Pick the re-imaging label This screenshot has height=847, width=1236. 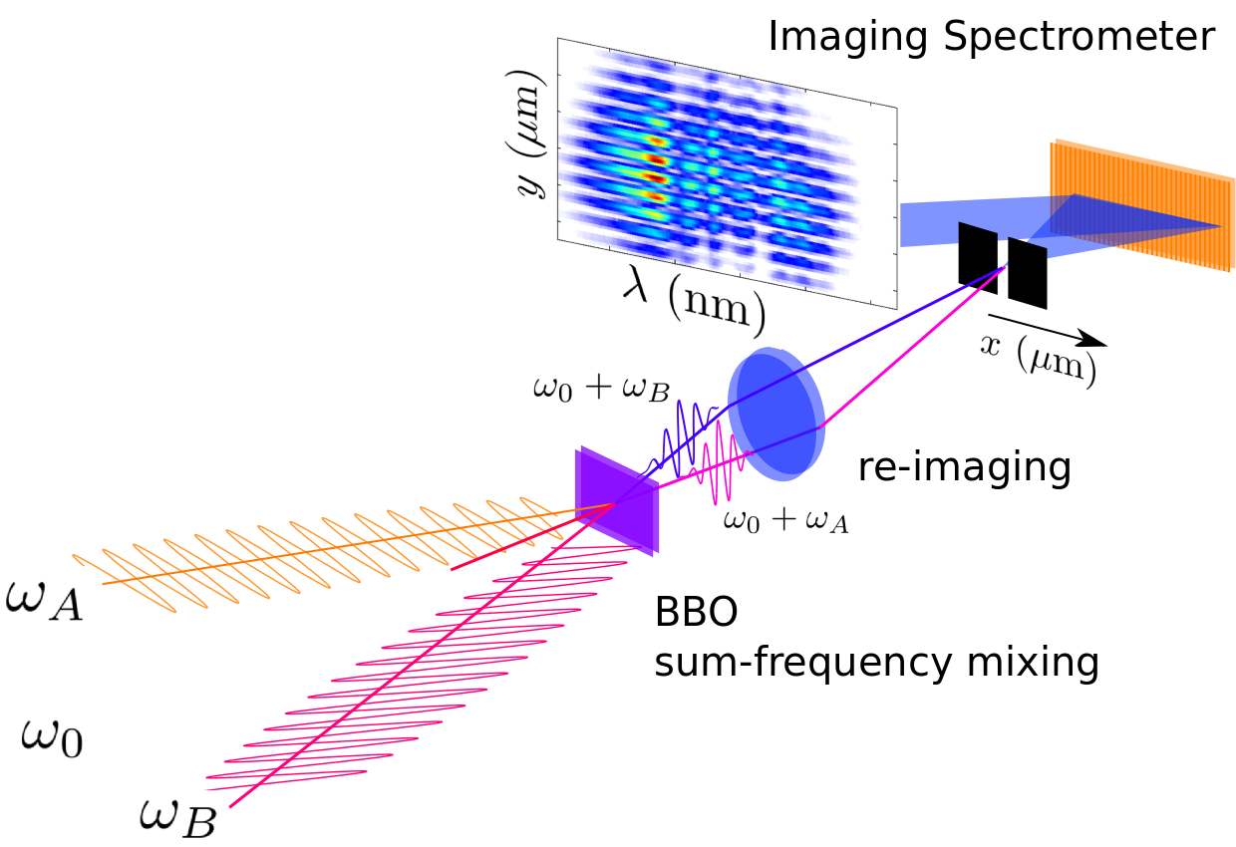click(x=965, y=466)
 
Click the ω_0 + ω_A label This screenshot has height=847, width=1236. click(x=787, y=520)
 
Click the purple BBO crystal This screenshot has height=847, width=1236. click(x=616, y=501)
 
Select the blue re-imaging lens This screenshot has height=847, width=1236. click(x=776, y=412)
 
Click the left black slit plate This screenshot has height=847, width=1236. click(x=977, y=257)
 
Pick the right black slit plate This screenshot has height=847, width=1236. click(x=1027, y=272)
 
